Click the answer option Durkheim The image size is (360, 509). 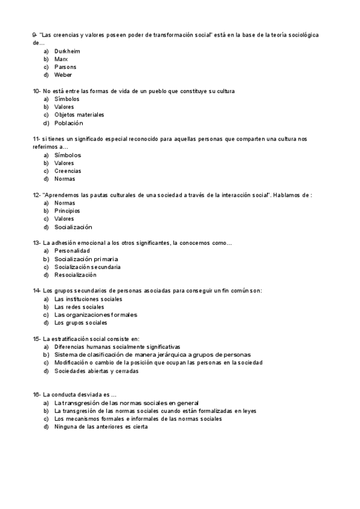click(x=67, y=52)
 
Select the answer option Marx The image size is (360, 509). click(x=61, y=59)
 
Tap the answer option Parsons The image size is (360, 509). click(x=65, y=67)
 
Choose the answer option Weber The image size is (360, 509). click(x=63, y=75)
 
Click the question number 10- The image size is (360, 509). click(x=37, y=91)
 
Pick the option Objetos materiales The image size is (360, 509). click(x=79, y=115)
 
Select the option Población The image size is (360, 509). click(x=68, y=123)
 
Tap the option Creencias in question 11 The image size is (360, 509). click(x=67, y=171)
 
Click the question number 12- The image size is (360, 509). click(x=37, y=195)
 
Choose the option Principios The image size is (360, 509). click(x=67, y=211)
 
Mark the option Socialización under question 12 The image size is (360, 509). click(x=73, y=227)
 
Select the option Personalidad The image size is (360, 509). click(x=71, y=251)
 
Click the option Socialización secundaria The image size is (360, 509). click(x=87, y=267)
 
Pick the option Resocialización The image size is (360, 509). click(x=75, y=275)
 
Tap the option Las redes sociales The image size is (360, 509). click(x=79, y=307)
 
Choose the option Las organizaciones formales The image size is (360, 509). click(x=95, y=315)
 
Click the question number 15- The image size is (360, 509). click(x=37, y=339)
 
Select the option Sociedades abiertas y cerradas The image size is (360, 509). click(x=96, y=371)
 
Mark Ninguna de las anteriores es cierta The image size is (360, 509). click(x=100, y=427)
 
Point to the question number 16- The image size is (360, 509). click(x=37, y=394)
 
